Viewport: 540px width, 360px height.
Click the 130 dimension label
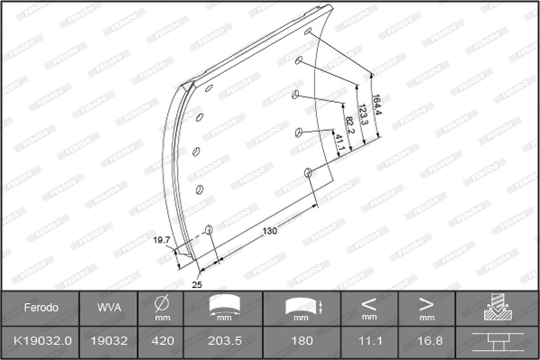coord(269,231)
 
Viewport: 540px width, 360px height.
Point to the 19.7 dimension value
coord(163,240)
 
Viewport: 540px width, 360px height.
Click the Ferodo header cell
coord(41,308)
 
